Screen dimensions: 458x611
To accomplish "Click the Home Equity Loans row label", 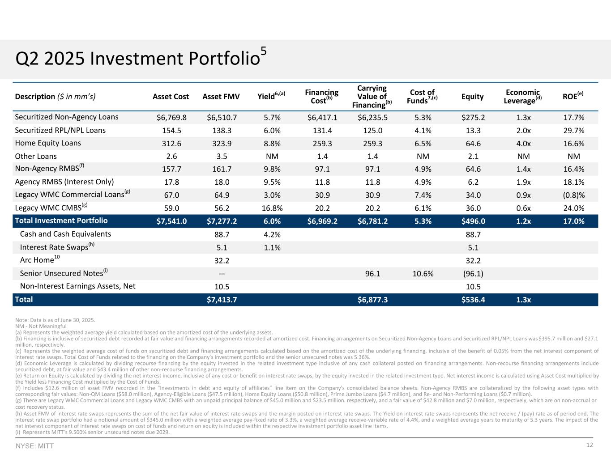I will (48, 143).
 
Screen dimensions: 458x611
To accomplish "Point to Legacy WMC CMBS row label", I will (50, 208).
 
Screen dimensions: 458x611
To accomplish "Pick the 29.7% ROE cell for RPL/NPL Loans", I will (573, 131).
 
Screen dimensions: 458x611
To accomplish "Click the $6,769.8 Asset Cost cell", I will (171, 118).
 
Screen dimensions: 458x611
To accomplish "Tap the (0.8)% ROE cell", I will (573, 195).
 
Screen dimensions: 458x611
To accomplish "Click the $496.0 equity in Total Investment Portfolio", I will (473, 221).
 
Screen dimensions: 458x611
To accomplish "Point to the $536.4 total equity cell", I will (473, 300).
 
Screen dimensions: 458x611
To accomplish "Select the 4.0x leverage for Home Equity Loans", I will (523, 144).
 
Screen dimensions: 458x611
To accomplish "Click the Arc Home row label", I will (40, 260).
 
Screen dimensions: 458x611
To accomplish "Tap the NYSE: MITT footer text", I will (34, 446).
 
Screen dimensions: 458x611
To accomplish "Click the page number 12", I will (590, 445).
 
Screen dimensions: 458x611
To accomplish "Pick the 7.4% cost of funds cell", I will (423, 195).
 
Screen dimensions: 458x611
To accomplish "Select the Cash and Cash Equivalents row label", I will (65, 234).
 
